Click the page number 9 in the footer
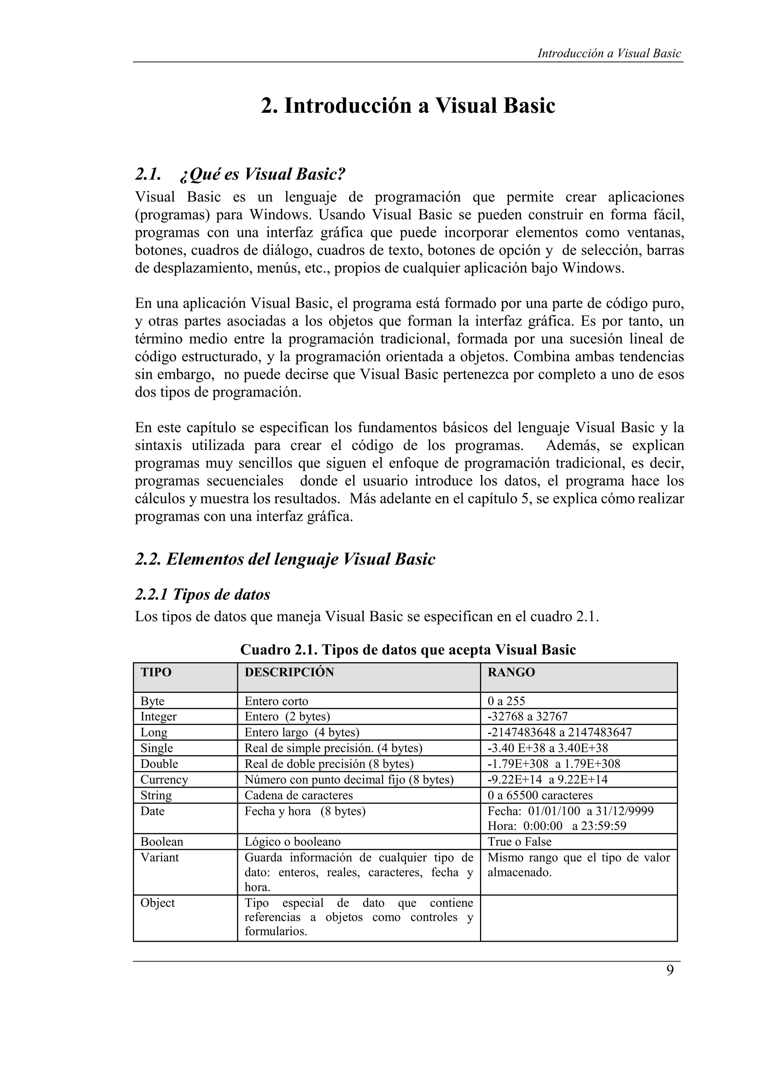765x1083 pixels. point(670,971)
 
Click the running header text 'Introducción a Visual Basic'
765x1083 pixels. point(609,53)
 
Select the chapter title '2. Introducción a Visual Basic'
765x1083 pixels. point(408,105)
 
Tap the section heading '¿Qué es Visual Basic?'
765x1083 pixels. point(262,175)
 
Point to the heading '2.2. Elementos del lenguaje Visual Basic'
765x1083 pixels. point(285,559)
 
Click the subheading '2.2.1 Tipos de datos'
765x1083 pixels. point(203,594)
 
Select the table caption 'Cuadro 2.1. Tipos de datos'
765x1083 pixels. point(408,650)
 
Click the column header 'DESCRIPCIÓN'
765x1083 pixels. point(289,673)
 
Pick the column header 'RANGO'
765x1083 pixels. point(511,673)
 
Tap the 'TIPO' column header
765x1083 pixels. point(156,673)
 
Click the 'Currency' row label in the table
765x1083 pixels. point(164,780)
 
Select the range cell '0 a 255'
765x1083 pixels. point(506,701)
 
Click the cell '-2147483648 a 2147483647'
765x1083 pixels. point(560,732)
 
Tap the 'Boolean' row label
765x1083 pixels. point(162,842)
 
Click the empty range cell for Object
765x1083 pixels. point(578,917)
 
